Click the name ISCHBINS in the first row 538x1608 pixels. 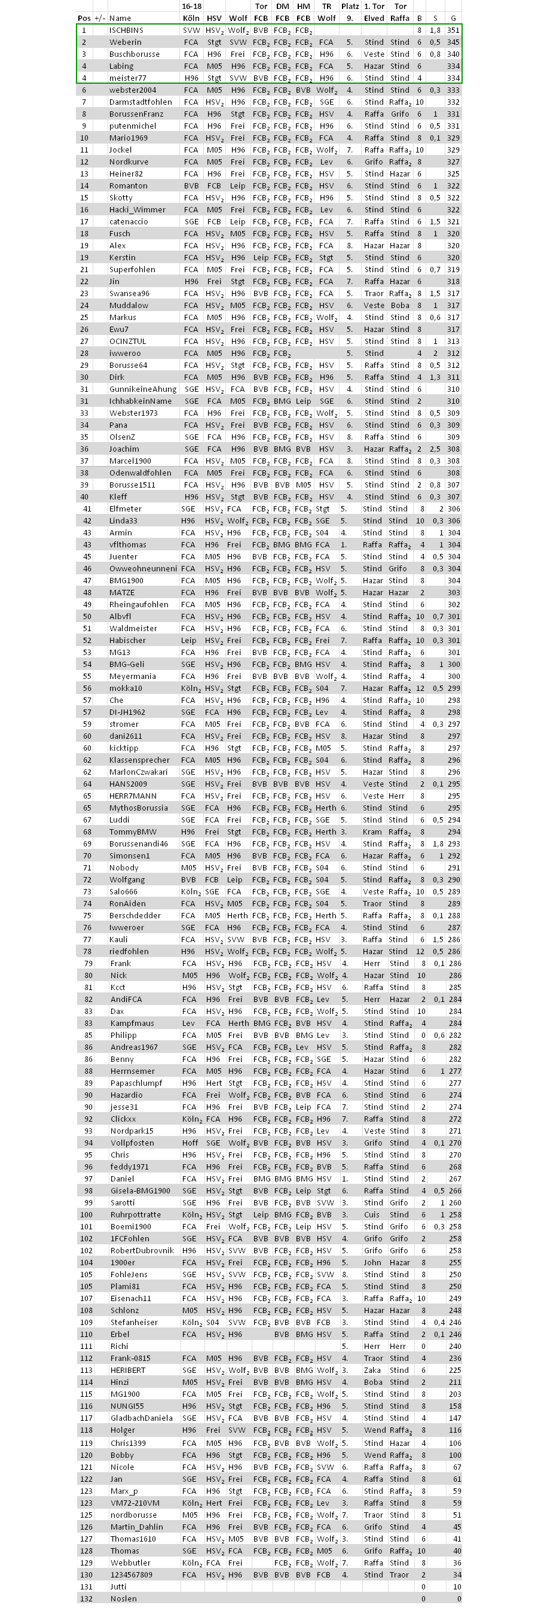(x=126, y=30)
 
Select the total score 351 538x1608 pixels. (x=453, y=30)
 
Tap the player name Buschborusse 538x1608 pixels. (x=134, y=54)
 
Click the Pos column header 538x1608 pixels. (x=84, y=18)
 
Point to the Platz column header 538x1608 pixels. (x=350, y=6)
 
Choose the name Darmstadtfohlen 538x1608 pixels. (x=140, y=102)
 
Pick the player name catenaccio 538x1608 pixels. (x=129, y=221)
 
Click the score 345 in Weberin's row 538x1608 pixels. (x=453, y=42)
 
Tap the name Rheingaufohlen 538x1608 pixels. (x=139, y=604)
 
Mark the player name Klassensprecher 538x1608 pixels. (x=139, y=760)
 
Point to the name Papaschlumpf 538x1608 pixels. (x=136, y=1083)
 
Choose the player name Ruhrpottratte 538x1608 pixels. (x=136, y=1215)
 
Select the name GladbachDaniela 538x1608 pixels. (x=141, y=1418)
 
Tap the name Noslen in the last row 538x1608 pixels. (x=123, y=1598)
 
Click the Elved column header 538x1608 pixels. (x=374, y=18)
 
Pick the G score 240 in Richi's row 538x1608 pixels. (x=454, y=1347)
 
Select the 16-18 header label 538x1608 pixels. (x=191, y=6)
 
